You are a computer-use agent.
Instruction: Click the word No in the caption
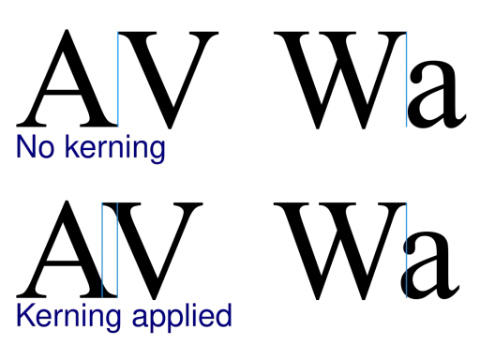[x=36, y=147]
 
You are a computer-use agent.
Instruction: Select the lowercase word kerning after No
[x=115, y=149]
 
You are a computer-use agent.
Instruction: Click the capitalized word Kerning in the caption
[x=68, y=318]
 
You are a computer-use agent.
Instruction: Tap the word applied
[x=182, y=318]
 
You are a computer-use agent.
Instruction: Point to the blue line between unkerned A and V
[x=118, y=79]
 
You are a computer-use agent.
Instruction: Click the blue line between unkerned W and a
[x=407, y=80]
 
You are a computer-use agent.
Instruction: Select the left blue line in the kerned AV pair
[x=102, y=250]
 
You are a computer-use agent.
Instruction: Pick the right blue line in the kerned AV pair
[x=117, y=250]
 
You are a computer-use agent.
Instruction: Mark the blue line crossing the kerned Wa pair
[x=407, y=250]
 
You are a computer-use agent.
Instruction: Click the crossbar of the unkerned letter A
[x=62, y=92]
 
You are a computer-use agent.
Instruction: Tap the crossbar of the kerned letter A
[x=62, y=263]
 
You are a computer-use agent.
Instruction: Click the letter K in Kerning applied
[x=25, y=315]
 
